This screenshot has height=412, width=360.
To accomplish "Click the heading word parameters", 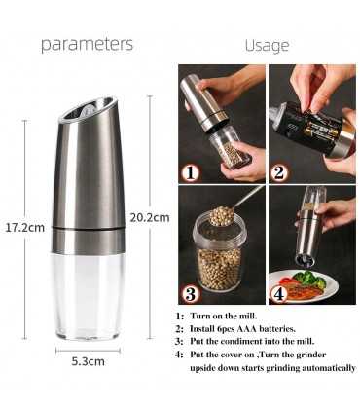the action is point(87,44).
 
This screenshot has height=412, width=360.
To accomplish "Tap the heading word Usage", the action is point(267,46).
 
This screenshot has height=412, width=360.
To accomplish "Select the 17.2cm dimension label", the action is point(25,228).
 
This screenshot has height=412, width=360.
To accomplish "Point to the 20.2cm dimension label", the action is point(150,217).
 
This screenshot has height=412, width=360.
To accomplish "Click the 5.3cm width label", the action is point(89,361).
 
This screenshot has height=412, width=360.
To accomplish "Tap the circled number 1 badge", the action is point(191,173).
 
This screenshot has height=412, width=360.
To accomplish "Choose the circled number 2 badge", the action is point(279,173).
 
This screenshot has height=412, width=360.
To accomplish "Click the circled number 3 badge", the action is point(191,294).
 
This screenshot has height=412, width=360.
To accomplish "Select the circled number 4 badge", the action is point(279,294).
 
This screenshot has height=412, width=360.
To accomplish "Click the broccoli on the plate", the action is point(308,280).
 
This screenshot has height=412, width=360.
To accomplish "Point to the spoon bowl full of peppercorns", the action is point(222,216).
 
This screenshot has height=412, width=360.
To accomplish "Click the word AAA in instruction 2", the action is point(246,329).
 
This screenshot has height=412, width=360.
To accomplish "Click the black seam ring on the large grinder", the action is point(89,229).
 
